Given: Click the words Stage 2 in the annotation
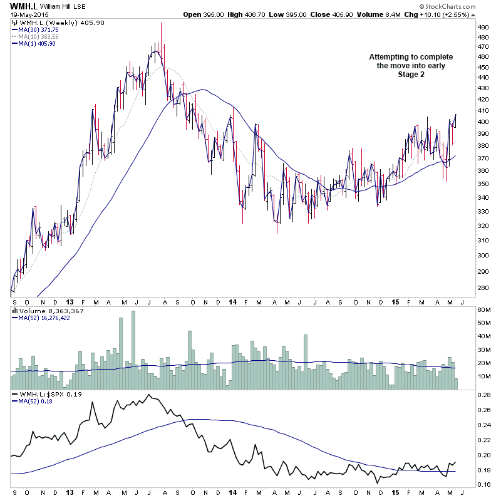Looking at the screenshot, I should pos(410,75).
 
